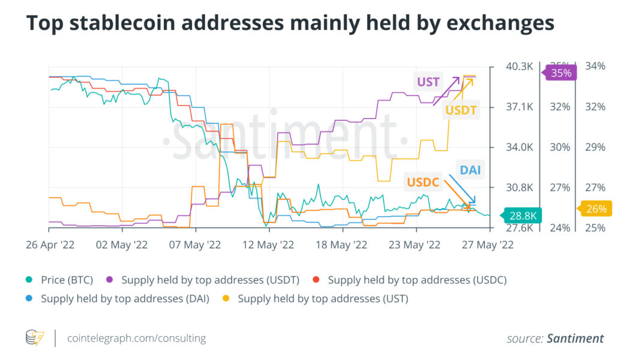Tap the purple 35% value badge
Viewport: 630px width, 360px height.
pos(560,73)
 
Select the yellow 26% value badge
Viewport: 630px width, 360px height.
pos(596,209)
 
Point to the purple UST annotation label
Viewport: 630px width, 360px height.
pos(428,82)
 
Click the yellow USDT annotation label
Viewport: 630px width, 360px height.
pos(460,110)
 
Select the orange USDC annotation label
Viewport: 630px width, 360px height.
pos(424,182)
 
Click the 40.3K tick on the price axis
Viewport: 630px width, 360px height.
pos(518,66)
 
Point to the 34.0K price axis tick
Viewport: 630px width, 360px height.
pos(518,147)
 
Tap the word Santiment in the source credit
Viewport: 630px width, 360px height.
pos(575,338)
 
